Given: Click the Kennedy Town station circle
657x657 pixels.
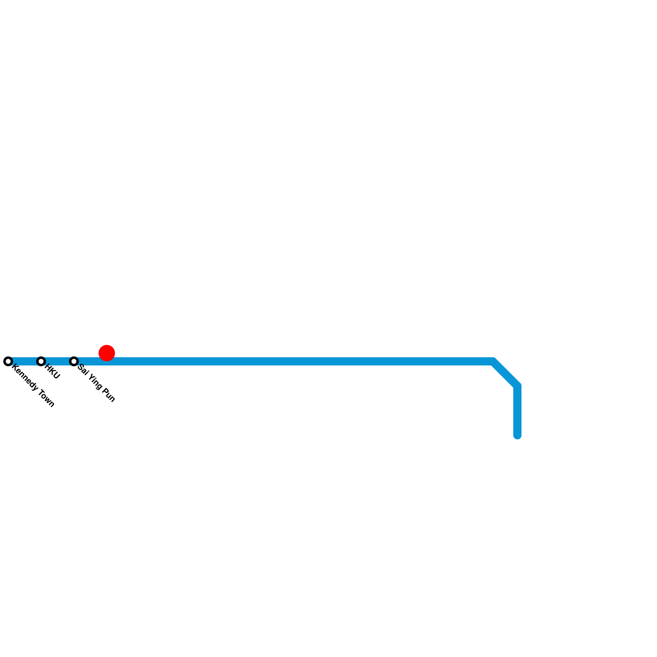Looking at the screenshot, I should click(8, 361).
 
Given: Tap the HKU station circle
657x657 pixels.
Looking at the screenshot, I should click(41, 361).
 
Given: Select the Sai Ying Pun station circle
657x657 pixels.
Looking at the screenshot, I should click(74, 361).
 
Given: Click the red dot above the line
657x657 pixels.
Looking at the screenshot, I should click(107, 353).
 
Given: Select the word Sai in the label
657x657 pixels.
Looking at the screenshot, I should click(83, 370).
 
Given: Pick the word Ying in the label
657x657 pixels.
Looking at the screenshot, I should click(94, 382).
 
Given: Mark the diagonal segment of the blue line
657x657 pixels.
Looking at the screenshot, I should click(506, 374).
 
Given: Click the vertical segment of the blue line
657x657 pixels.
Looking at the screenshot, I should click(517, 411).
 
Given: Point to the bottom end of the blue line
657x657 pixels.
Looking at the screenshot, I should click(517, 435).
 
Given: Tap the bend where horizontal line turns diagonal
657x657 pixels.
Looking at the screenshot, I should click(494, 362).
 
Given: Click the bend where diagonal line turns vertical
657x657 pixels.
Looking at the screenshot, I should click(517, 386).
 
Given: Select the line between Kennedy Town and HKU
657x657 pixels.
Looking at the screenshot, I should click(24, 362).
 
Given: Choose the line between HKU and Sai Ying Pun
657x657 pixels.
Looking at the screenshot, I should click(57, 362).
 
